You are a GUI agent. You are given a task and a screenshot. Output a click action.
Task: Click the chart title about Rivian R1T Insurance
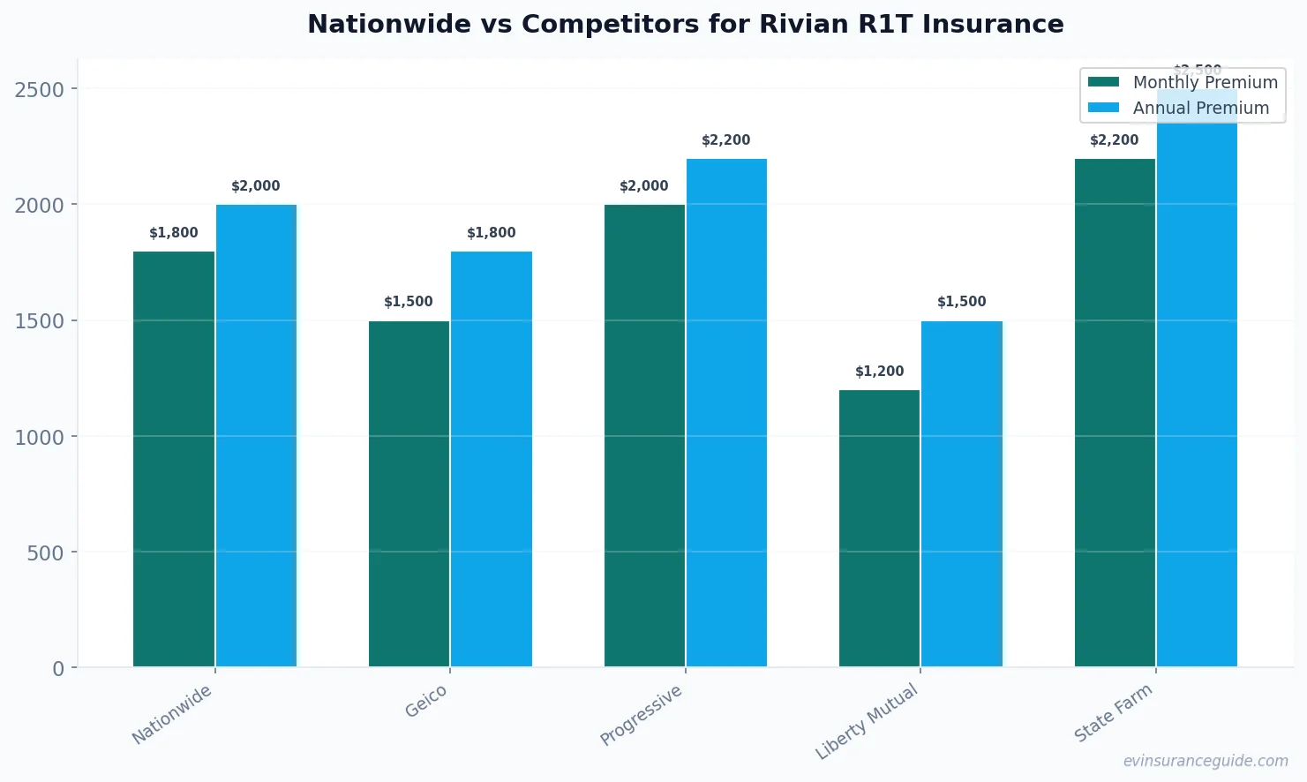685,24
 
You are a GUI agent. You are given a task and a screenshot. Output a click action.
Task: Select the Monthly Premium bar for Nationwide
174,459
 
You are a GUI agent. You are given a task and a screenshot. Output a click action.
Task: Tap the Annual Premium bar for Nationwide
256,436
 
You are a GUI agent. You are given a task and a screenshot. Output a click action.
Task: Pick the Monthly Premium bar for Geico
409,493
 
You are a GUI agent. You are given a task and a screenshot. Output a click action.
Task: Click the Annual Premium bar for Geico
492,459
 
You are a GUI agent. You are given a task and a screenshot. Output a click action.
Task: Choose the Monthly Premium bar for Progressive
644,436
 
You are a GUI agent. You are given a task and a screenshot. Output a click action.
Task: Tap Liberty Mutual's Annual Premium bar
962,493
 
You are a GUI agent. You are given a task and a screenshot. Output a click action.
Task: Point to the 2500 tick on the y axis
40,89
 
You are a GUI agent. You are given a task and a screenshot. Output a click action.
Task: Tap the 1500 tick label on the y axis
40,321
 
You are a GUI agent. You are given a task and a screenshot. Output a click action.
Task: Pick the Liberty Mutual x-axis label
868,721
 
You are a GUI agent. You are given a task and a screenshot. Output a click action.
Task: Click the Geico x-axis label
426,702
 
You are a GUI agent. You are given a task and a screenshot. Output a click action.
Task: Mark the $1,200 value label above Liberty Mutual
879,372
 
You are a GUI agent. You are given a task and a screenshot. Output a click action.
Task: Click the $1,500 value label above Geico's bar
409,302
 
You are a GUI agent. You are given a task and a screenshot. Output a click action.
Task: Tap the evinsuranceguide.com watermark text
1206,761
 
